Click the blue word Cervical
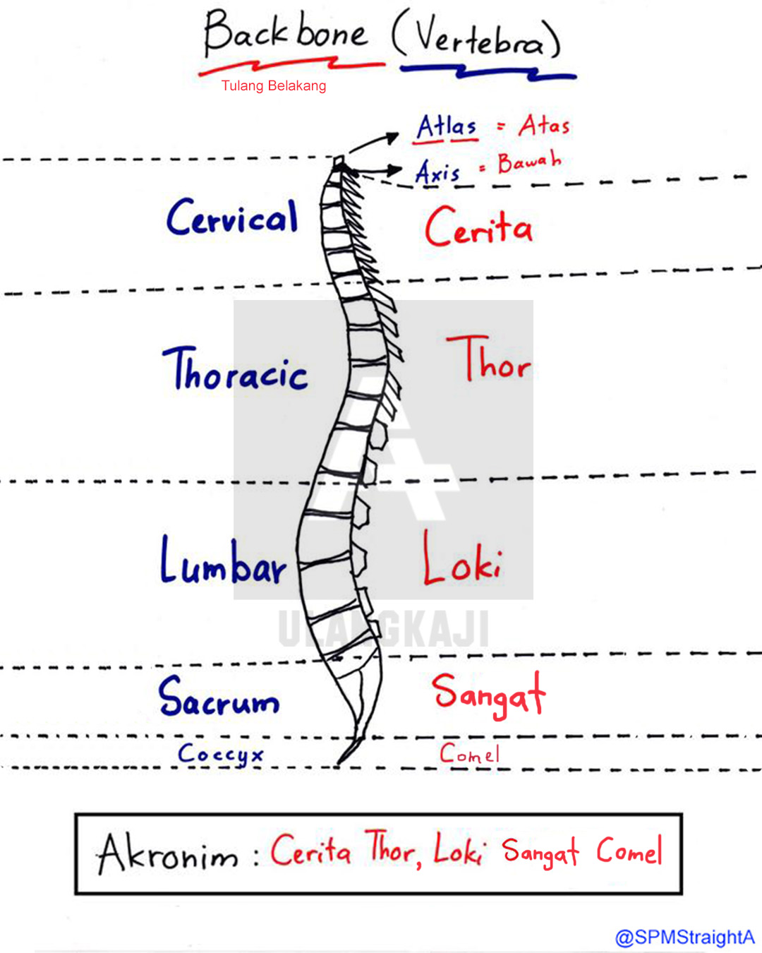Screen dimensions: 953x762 (232, 217)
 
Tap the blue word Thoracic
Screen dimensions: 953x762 (236, 370)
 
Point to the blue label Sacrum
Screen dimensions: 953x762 (219, 697)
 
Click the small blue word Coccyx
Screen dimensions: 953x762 (220, 755)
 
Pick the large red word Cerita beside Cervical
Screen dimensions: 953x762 (478, 227)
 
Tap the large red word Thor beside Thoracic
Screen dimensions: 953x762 (488, 360)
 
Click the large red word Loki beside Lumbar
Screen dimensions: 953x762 (462, 560)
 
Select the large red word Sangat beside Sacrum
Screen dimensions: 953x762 (488, 695)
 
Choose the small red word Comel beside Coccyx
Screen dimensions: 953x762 (469, 754)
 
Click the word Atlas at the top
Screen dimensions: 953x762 (447, 127)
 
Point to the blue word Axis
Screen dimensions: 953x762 (437, 172)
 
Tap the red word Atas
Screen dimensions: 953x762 (544, 126)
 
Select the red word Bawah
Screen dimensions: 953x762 (529, 162)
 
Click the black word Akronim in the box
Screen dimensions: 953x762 (168, 854)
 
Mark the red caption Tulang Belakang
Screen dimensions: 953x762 (274, 86)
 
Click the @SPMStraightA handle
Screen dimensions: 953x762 (684, 937)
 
